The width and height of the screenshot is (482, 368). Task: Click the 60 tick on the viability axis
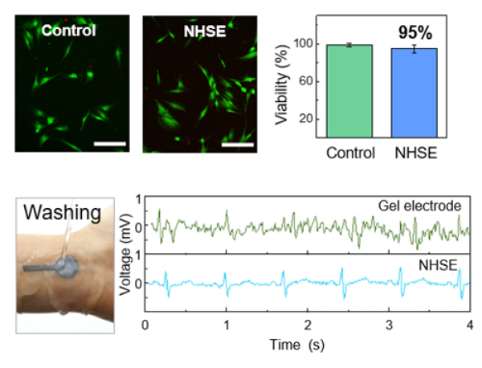(x=310, y=81)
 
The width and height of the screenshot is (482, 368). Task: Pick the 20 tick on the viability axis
(x=310, y=119)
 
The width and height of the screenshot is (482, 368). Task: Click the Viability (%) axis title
(x=281, y=80)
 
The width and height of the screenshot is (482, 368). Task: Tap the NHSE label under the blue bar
(x=415, y=153)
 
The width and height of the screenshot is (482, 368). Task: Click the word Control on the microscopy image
(x=68, y=31)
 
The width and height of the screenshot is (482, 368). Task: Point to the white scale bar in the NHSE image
(x=237, y=145)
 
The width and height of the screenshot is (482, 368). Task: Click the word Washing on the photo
(x=61, y=215)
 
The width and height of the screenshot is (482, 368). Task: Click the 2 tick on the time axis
(x=307, y=326)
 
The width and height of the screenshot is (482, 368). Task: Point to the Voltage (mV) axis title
(x=127, y=252)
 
